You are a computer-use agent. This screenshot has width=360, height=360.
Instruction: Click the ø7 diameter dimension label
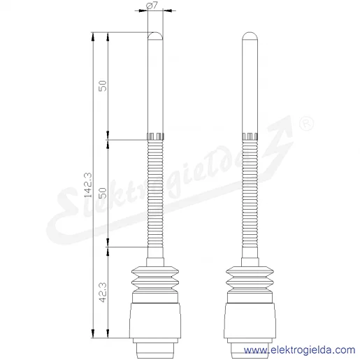(152, 5)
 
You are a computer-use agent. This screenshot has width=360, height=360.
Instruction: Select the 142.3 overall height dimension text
(88, 185)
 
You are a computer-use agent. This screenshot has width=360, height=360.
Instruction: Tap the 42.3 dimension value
(103, 292)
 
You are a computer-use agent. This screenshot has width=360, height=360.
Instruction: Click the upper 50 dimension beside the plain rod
(103, 86)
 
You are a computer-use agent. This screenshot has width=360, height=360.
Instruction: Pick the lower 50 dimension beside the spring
(103, 193)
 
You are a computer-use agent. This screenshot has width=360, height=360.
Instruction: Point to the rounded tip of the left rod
(155, 35)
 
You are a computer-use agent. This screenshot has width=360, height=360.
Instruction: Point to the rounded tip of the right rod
(250, 35)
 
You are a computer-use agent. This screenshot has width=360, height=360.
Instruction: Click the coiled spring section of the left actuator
(155, 194)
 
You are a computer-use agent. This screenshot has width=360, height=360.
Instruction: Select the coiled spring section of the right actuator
(250, 194)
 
